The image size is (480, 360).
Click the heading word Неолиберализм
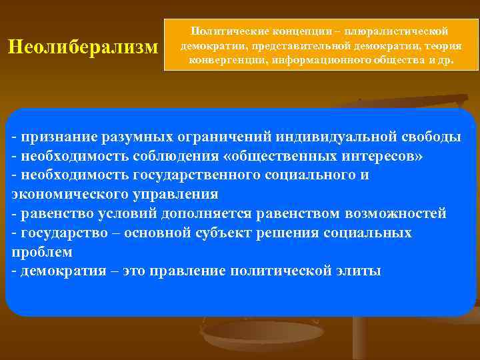(83, 47)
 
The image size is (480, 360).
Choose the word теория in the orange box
(445, 46)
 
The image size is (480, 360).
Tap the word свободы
(433, 137)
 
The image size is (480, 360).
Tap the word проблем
(42, 253)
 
